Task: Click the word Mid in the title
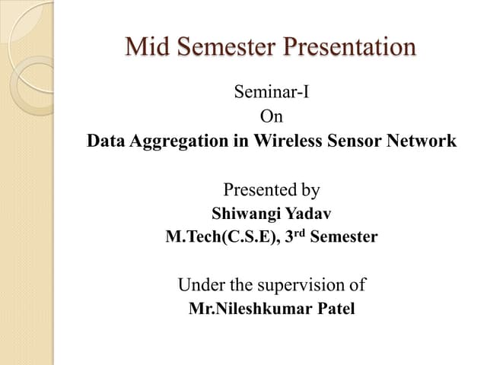(x=147, y=46)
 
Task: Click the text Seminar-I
(x=272, y=94)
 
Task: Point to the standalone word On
(x=271, y=117)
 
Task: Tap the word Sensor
(x=352, y=141)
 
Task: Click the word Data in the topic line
(x=105, y=141)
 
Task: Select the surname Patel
(x=333, y=309)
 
